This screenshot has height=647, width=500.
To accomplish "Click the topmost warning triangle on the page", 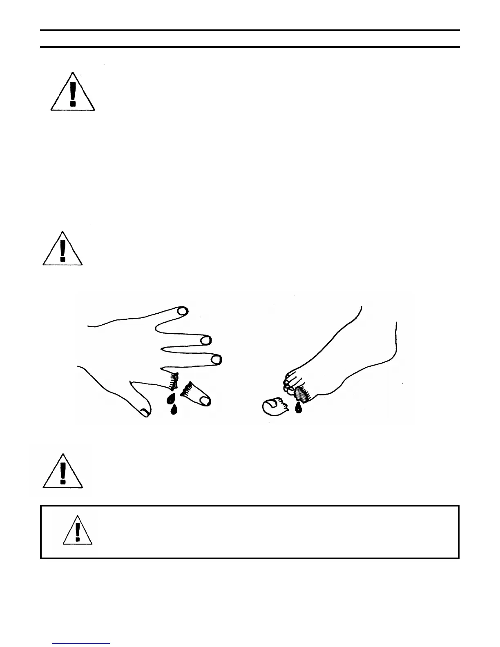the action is [x=73, y=93].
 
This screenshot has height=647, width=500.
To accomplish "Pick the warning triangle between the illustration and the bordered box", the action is [x=63, y=472].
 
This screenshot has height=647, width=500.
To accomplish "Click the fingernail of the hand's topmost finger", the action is [x=182, y=311].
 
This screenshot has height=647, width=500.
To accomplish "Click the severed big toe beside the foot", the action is [x=275, y=407].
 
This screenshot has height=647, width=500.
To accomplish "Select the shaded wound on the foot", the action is [x=301, y=394].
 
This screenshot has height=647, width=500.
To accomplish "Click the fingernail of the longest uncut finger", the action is [x=215, y=360].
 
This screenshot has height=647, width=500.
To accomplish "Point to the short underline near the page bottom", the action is [x=81, y=644].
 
